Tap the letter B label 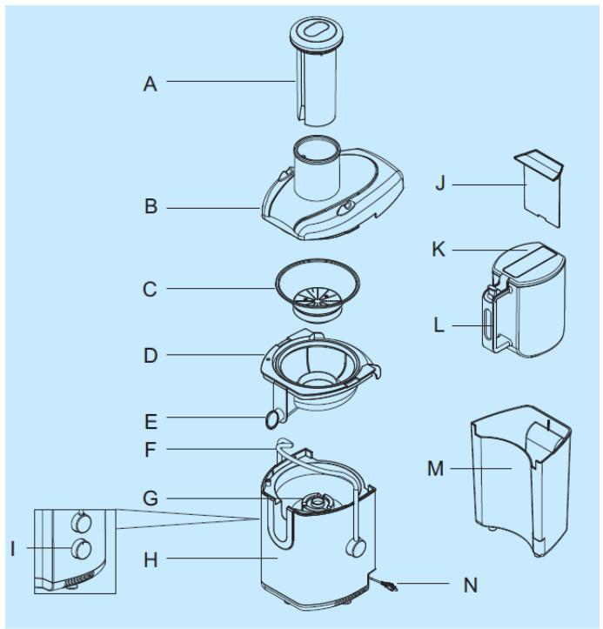pyautogui.click(x=151, y=209)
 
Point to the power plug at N pyautogui.click(x=390, y=587)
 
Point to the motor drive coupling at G pyautogui.click(x=312, y=500)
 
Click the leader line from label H pyautogui.click(x=218, y=556)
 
